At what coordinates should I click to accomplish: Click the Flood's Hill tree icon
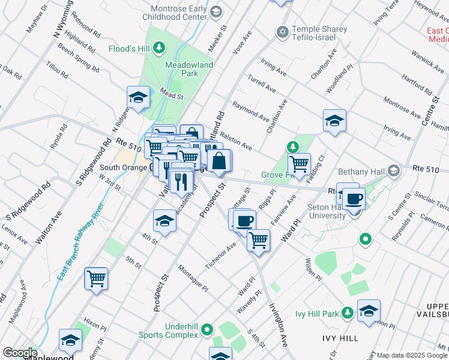(x=159, y=47)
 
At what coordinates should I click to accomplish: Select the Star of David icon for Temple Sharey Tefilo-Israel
(x=282, y=31)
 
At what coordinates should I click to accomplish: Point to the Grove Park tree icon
(x=292, y=147)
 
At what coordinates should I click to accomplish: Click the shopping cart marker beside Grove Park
(x=298, y=163)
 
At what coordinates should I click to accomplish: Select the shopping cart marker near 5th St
(x=96, y=279)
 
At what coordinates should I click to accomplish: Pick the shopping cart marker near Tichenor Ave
(x=258, y=239)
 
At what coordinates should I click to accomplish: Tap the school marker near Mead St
(x=138, y=97)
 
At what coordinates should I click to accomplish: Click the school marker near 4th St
(x=164, y=221)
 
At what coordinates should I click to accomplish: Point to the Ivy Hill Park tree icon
(x=348, y=313)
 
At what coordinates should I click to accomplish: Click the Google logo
(x=19, y=353)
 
